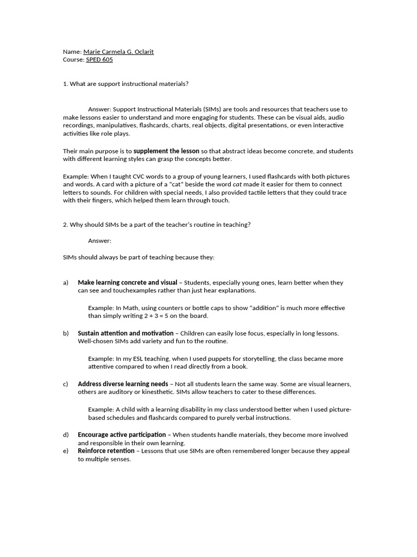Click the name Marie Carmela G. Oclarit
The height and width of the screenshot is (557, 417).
pyautogui.click(x=118, y=52)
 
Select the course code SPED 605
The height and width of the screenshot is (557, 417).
pyautogui.click(x=99, y=60)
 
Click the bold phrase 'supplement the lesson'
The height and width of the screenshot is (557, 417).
pyautogui.click(x=166, y=151)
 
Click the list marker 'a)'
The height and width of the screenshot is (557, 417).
pyautogui.click(x=66, y=283)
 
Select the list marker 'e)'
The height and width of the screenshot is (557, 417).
pyautogui.click(x=66, y=451)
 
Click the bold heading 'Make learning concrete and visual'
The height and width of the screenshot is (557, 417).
pyautogui.click(x=128, y=283)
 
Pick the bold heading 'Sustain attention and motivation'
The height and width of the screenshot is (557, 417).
pyautogui.click(x=125, y=333)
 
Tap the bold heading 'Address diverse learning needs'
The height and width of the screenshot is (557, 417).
pyautogui.click(x=123, y=384)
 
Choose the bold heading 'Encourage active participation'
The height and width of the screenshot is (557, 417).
pyautogui.click(x=122, y=435)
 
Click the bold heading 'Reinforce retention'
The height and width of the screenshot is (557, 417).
pyautogui.click(x=106, y=451)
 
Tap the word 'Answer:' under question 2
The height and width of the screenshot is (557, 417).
pyautogui.click(x=99, y=240)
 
